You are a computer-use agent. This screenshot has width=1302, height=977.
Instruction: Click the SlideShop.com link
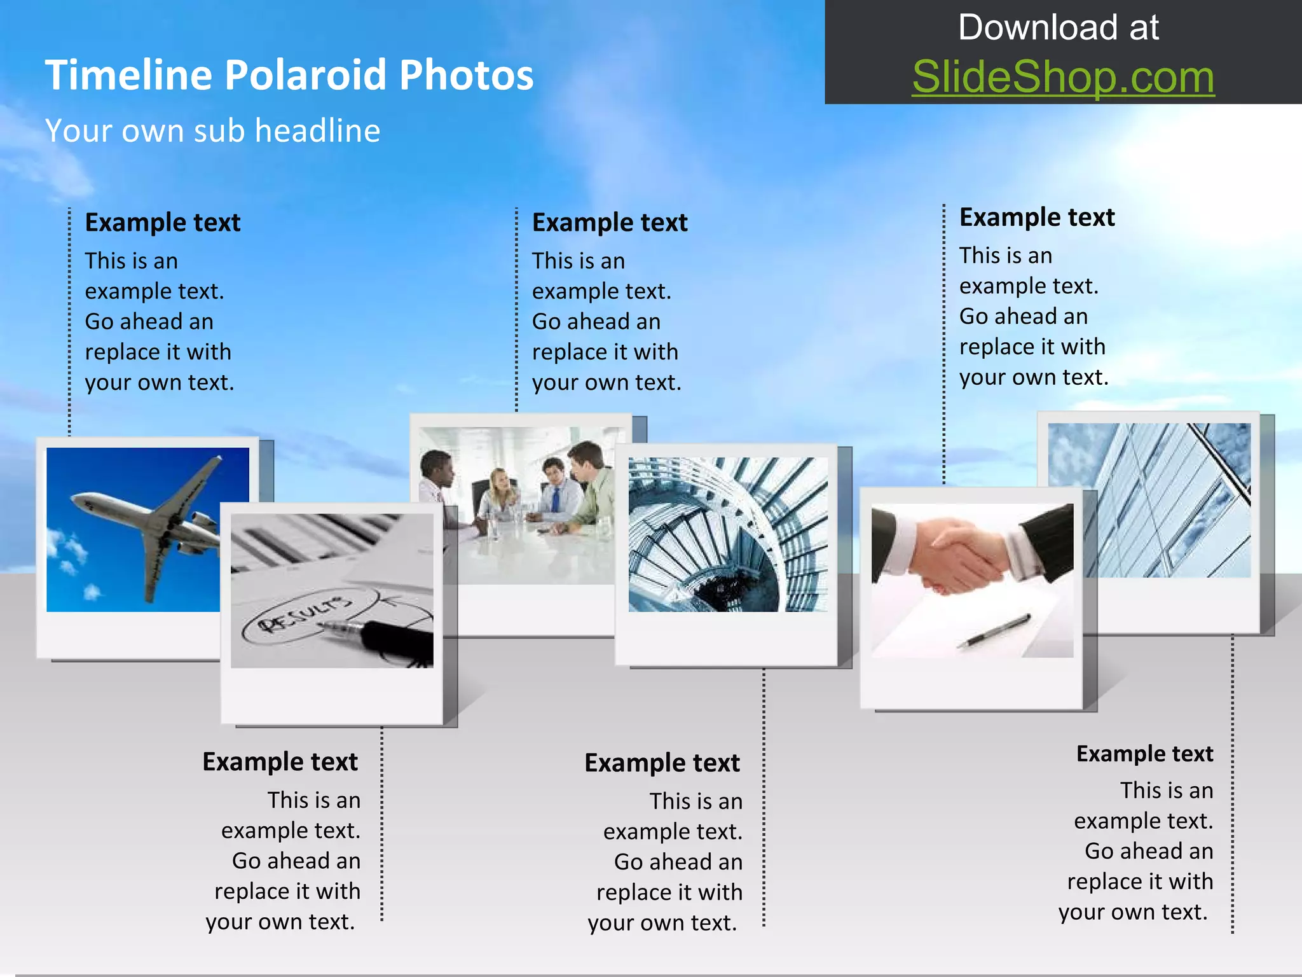[1063, 78]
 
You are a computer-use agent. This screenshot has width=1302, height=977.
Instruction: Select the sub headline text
[212, 131]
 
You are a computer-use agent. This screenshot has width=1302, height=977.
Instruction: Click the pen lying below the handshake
[995, 630]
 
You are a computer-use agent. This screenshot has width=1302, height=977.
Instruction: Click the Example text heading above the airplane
[163, 223]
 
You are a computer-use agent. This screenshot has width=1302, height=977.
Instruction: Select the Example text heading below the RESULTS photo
[280, 762]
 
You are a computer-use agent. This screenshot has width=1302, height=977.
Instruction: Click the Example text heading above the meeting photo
[610, 223]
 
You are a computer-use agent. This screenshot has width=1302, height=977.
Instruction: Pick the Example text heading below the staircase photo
[662, 763]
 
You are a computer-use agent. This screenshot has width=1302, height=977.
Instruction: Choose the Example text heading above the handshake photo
[1037, 218]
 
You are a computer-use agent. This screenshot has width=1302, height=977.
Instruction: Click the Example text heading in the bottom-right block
[1144, 754]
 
